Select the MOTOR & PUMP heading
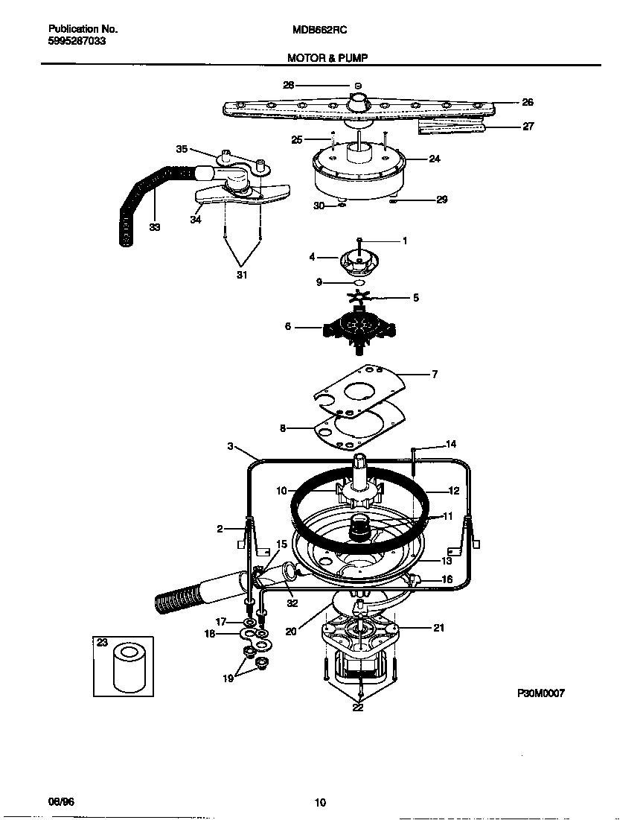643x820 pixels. (327, 57)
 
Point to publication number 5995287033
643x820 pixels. (77, 42)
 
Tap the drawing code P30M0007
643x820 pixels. (541, 693)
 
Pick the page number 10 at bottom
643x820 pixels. (320, 802)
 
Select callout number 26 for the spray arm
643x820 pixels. (527, 102)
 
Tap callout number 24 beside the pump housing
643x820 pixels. (435, 159)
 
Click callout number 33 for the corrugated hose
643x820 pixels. (154, 228)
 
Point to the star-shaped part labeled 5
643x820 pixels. (365, 297)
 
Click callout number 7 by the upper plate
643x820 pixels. (435, 375)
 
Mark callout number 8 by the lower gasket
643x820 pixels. (283, 428)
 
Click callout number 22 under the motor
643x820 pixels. (358, 708)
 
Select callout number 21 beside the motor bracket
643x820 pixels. (438, 628)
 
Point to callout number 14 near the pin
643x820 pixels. (450, 445)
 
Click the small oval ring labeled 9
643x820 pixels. (359, 283)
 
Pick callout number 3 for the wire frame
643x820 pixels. (231, 446)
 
